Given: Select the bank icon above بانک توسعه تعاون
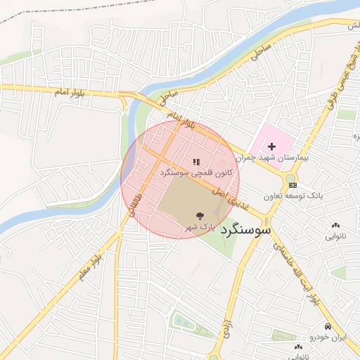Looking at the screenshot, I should (x=292, y=184).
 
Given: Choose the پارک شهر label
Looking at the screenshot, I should (x=199, y=226).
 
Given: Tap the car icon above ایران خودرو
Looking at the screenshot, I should (x=328, y=326).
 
